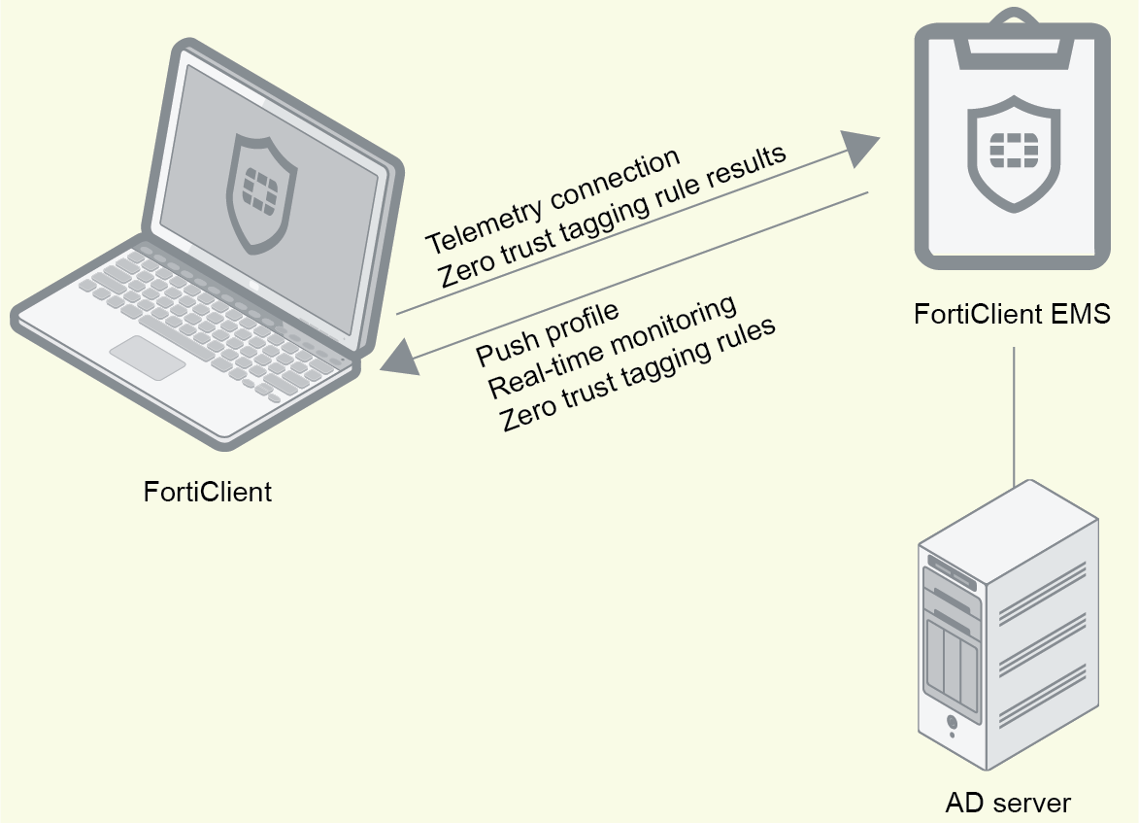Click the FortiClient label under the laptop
click(x=208, y=492)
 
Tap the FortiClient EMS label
click(x=1012, y=315)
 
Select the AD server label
click(x=1008, y=804)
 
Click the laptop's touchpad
click(x=147, y=357)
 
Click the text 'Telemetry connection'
click(x=552, y=201)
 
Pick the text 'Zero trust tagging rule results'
click(x=613, y=219)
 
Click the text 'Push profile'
click(x=547, y=335)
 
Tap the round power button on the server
click(x=953, y=723)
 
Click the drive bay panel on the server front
click(x=953, y=663)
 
